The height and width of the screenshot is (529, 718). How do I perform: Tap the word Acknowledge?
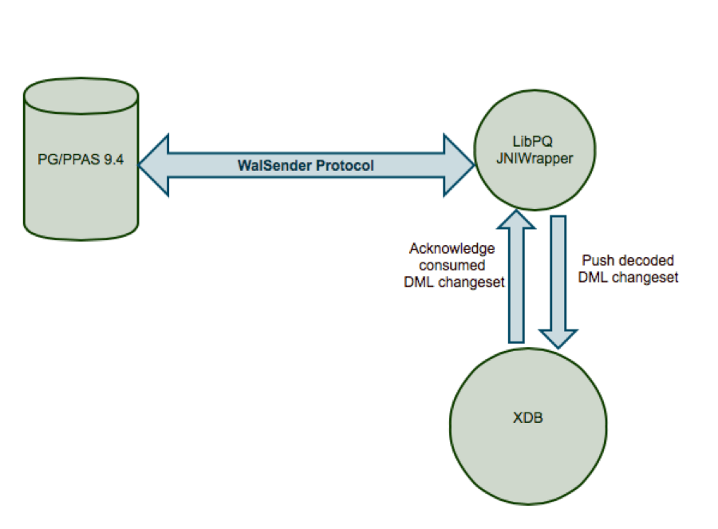[x=452, y=249]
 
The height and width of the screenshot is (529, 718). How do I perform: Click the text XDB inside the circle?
[x=527, y=417]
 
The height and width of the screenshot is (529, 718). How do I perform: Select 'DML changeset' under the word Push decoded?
[x=628, y=277]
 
